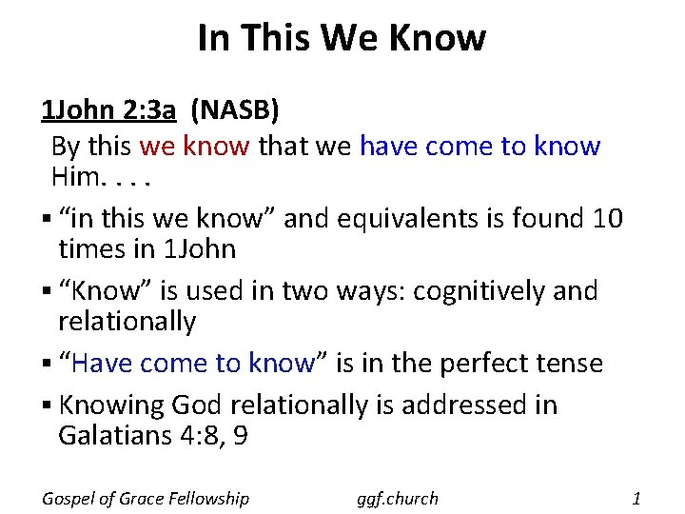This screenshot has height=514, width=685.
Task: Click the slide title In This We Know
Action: (342, 38)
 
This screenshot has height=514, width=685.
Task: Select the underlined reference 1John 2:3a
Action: (108, 111)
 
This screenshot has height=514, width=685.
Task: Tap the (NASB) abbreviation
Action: (235, 111)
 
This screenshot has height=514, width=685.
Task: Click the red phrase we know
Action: (194, 147)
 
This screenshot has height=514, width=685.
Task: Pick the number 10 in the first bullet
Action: (606, 219)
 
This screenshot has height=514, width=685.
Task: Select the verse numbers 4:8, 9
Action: (217, 436)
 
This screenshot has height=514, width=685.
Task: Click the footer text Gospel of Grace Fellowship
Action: (146, 498)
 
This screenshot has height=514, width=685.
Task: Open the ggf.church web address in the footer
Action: (397, 498)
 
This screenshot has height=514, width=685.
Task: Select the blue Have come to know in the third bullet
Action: (193, 363)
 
